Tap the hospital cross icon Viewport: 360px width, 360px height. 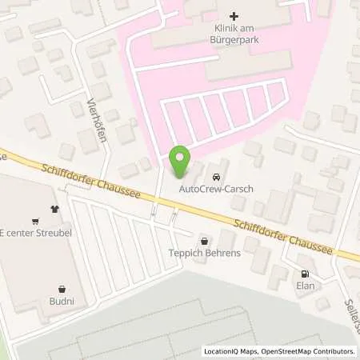pos(234,16)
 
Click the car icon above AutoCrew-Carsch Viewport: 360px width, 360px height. pos(215,176)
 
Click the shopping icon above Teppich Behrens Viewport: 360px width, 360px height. pos(203,240)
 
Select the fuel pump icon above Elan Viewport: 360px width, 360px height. pos(304,271)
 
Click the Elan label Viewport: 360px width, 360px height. pos(304,286)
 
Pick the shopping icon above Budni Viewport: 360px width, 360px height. pos(62,289)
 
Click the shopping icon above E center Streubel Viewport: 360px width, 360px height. pos(35,222)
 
